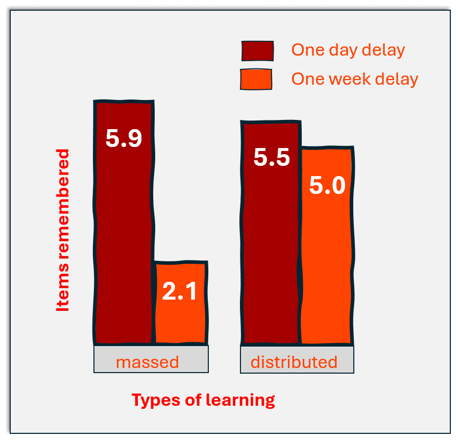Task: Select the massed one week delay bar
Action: click(181, 303)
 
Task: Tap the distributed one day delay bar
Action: click(271, 232)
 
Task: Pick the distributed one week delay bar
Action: click(327, 246)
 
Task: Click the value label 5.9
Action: click(124, 138)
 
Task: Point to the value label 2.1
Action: click(179, 291)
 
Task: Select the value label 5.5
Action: click(272, 157)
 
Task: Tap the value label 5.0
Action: click(327, 185)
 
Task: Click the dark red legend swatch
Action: click(258, 51)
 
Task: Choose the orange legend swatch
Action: click(256, 79)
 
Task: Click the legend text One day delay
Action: click(348, 50)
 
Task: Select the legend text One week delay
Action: click(355, 79)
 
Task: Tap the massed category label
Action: click(147, 362)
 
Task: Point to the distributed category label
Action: click(294, 362)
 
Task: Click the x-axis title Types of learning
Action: click(203, 400)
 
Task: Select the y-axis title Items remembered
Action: click(63, 230)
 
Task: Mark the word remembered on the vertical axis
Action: click(63, 204)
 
